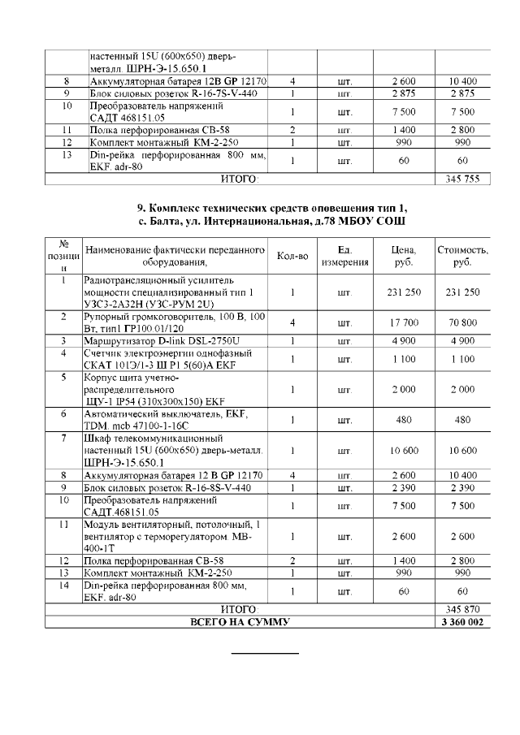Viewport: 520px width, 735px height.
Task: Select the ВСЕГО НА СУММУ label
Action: [240, 622]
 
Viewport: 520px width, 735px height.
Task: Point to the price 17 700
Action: [404, 323]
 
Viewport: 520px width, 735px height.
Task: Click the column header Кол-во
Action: [292, 256]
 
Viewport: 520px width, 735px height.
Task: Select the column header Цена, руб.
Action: [404, 256]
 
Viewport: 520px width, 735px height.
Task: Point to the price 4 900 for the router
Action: [404, 340]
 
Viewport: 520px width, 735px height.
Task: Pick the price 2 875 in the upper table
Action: [404, 94]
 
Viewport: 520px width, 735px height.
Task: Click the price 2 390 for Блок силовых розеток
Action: [404, 487]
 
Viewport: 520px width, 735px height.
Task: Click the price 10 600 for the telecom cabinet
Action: [404, 450]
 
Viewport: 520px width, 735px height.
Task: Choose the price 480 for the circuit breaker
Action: [404, 420]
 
